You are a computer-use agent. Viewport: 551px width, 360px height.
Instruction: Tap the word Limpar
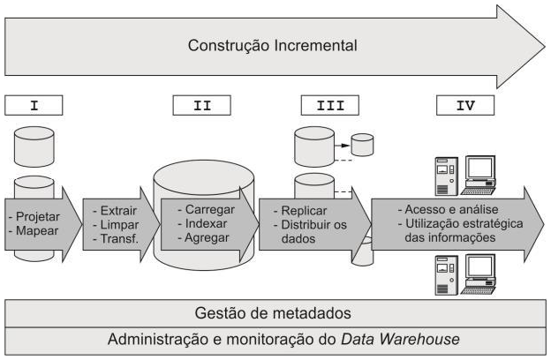(x=117, y=225)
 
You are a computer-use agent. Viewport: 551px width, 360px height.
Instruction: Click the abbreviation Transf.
(x=118, y=238)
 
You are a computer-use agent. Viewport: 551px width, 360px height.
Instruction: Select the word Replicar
(x=303, y=212)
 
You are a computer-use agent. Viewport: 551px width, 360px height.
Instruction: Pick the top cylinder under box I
(x=34, y=146)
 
